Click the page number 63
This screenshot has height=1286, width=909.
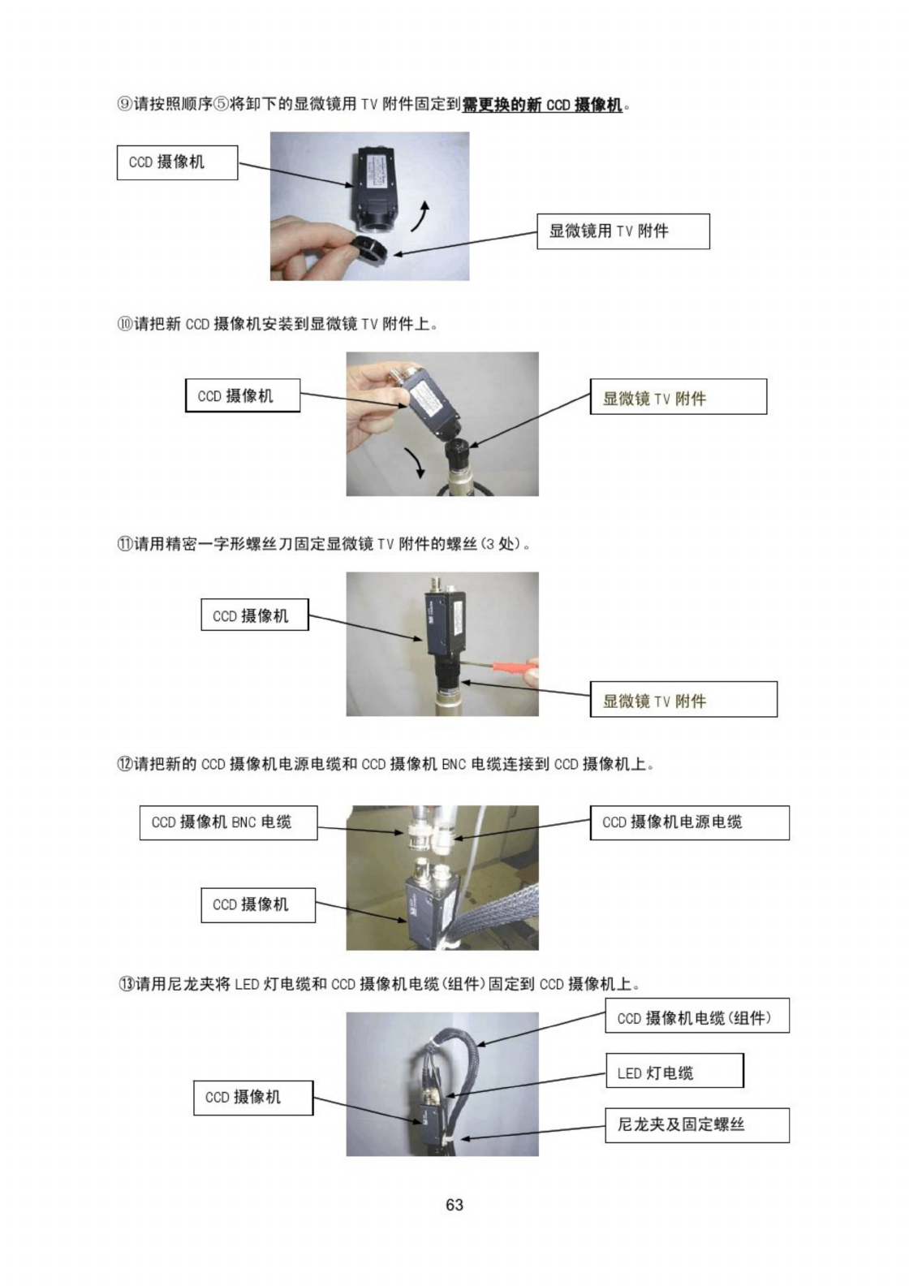[x=454, y=1204]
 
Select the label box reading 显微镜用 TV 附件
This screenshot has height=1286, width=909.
[x=623, y=231]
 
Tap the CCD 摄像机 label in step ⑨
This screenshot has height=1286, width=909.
[x=177, y=162]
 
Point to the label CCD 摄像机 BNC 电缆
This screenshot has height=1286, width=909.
[x=228, y=822]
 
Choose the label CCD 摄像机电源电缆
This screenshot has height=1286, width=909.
[x=689, y=822]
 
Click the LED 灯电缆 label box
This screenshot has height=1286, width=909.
[x=675, y=1071]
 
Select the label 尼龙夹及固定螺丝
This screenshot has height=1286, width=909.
[x=697, y=1125]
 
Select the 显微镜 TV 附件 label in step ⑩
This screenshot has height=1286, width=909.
[x=679, y=397]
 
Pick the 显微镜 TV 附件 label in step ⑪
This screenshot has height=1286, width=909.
[x=683, y=699]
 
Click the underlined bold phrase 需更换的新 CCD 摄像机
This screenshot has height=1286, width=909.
[x=541, y=105]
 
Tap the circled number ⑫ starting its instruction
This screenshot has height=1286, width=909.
[x=124, y=764]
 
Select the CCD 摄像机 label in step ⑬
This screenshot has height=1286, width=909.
[x=253, y=1098]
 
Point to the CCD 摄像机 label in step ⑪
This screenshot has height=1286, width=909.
[x=254, y=615]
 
